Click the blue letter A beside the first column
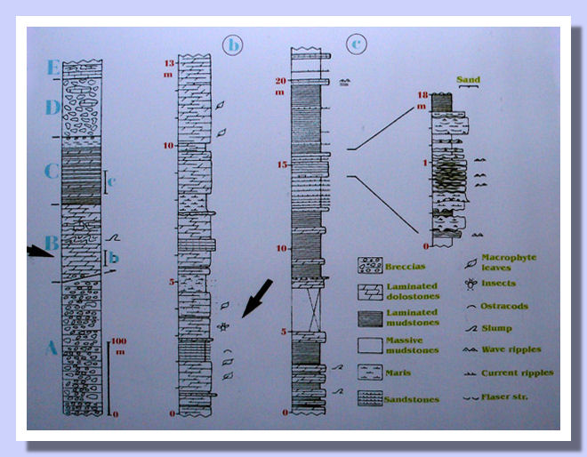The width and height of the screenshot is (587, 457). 50,349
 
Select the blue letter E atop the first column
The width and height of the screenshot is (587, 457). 54,68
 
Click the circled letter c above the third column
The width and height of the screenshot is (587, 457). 357,43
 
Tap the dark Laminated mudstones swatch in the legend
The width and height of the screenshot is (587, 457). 369,316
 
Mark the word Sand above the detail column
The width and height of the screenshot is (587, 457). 468,80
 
